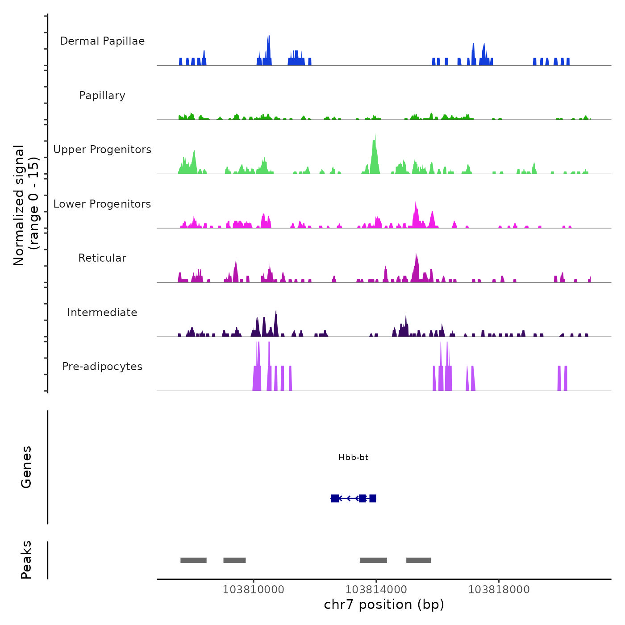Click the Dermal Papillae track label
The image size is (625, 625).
pyautogui.click(x=102, y=41)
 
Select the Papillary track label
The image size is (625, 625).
pyautogui.click(x=102, y=96)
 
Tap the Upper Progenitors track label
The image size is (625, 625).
pyautogui.click(x=102, y=150)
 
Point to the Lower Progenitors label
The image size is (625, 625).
pyautogui.click(x=102, y=204)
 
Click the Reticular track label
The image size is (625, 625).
pyautogui.click(x=102, y=258)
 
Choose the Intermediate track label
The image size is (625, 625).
pyautogui.click(x=102, y=312)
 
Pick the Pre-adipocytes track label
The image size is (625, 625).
pyautogui.click(x=102, y=367)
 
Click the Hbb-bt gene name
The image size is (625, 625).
pyautogui.click(x=354, y=458)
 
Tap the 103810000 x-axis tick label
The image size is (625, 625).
pyautogui.click(x=254, y=590)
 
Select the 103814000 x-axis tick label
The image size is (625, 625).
pyautogui.click(x=376, y=590)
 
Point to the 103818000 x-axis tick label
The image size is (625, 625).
pyautogui.click(x=499, y=590)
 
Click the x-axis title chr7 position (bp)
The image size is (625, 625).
pyautogui.click(x=384, y=605)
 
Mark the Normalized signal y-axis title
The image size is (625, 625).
pyautogui.click(x=26, y=205)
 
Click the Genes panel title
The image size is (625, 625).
pyautogui.click(x=26, y=467)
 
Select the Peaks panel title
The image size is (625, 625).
pyautogui.click(x=26, y=560)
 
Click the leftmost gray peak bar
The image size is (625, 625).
pyautogui.click(x=193, y=560)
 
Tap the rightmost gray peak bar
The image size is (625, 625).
pyautogui.click(x=419, y=560)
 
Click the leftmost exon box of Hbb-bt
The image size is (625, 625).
pyautogui.click(x=335, y=498)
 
